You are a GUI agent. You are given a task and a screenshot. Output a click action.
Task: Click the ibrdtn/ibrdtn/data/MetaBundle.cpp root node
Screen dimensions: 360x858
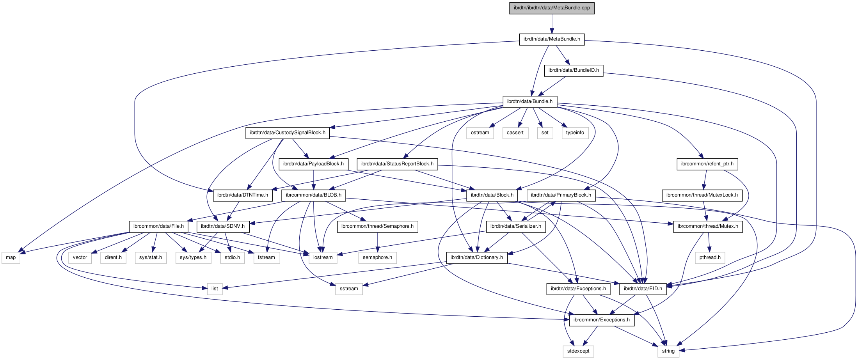552,8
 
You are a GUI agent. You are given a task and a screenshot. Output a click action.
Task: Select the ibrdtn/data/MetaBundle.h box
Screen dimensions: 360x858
552,39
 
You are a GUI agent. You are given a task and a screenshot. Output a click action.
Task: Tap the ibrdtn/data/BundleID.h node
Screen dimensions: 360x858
574,70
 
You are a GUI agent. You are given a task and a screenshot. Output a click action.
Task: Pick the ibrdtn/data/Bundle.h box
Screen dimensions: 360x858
530,101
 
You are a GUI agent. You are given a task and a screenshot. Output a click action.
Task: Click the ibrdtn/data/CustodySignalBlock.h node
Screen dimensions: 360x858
288,133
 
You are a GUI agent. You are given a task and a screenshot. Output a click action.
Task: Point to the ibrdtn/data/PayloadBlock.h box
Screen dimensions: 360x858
313,164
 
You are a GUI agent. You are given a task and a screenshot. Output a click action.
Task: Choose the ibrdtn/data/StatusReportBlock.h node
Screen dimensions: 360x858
397,164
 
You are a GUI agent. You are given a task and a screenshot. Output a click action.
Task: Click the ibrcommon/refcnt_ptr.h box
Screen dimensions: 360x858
707,164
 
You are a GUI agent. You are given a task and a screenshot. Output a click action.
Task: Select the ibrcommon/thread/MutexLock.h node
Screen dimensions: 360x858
702,195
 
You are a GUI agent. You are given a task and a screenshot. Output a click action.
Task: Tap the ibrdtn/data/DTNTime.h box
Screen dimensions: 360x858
243,195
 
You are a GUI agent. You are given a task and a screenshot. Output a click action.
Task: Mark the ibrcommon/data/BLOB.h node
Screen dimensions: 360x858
313,195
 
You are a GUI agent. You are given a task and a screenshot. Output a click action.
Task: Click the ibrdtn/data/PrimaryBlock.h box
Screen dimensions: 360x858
561,195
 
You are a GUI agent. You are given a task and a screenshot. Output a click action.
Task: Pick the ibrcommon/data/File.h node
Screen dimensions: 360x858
158,226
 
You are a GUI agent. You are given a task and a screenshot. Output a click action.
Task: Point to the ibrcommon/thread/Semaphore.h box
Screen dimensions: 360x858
377,226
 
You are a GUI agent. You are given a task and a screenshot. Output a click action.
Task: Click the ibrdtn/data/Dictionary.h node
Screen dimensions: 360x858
477,257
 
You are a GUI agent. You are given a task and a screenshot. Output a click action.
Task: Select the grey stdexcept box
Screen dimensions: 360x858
578,351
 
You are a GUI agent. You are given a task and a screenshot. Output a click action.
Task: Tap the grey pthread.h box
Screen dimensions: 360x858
710,257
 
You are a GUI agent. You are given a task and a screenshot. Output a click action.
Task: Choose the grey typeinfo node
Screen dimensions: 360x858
575,133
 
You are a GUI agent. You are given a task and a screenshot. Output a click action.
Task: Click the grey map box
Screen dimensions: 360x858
11,257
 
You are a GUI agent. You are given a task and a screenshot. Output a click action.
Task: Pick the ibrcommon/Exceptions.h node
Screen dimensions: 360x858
601,320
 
